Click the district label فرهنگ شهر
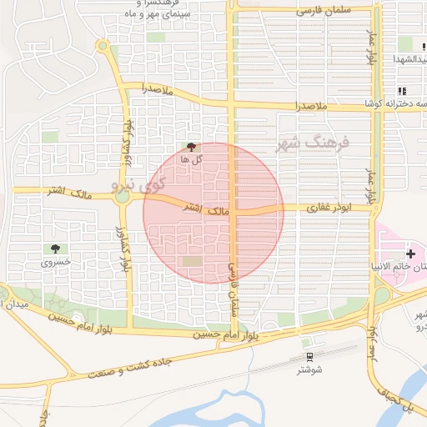click(315, 143)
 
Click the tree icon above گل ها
click(193, 147)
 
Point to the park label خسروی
click(56, 262)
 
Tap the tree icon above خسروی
click(56, 249)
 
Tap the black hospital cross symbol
click(409, 253)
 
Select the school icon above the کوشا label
click(402, 91)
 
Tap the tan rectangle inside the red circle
click(192, 262)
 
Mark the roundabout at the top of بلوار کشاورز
click(103, 46)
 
